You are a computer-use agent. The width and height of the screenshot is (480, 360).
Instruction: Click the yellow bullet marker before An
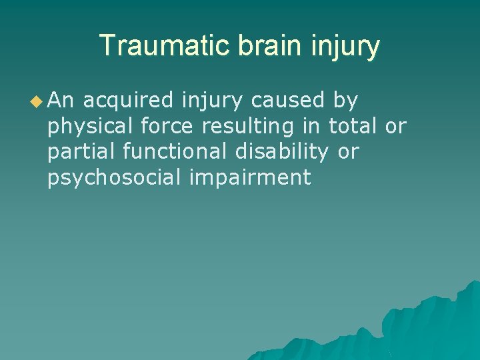point(36,101)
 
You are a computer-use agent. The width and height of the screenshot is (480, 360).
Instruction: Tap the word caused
point(289,101)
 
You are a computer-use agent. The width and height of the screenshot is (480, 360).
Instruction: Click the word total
point(353,127)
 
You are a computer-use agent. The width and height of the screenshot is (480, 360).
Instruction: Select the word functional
point(177,152)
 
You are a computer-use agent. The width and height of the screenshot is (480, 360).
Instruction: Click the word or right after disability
point(349,153)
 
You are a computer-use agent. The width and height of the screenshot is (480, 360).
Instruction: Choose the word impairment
point(250,178)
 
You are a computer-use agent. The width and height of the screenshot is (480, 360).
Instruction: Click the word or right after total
point(396,127)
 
